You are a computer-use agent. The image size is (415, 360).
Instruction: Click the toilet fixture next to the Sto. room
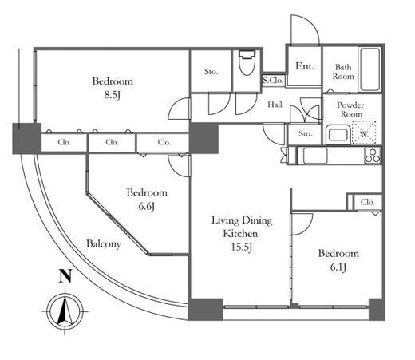point(247,63)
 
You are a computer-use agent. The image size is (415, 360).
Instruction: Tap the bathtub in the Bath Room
point(370,69)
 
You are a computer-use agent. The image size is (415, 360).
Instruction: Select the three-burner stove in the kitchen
point(373,156)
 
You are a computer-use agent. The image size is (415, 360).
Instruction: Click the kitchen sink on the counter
point(315,156)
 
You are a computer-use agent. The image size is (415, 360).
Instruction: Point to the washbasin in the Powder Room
point(338,135)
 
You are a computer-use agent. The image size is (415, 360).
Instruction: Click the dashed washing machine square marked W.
point(364,133)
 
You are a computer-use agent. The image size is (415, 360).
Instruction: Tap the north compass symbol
point(65,311)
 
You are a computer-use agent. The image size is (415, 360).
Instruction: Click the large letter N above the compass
point(65,276)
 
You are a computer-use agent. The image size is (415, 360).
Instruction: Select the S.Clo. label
point(273,80)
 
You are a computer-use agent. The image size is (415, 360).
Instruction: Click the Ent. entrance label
point(305,66)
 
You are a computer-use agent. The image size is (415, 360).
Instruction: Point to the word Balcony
point(104,244)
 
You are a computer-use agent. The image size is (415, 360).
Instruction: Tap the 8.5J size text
point(113,95)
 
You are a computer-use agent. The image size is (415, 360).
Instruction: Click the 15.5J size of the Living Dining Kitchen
point(242,247)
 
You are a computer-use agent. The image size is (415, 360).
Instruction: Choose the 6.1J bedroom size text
point(338,267)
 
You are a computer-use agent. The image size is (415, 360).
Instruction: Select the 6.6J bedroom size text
point(147,207)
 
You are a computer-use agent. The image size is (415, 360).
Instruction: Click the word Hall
point(275,105)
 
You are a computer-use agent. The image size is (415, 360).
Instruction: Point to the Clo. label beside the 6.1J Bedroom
point(368,202)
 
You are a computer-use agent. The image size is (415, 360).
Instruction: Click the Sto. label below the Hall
point(305,133)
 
